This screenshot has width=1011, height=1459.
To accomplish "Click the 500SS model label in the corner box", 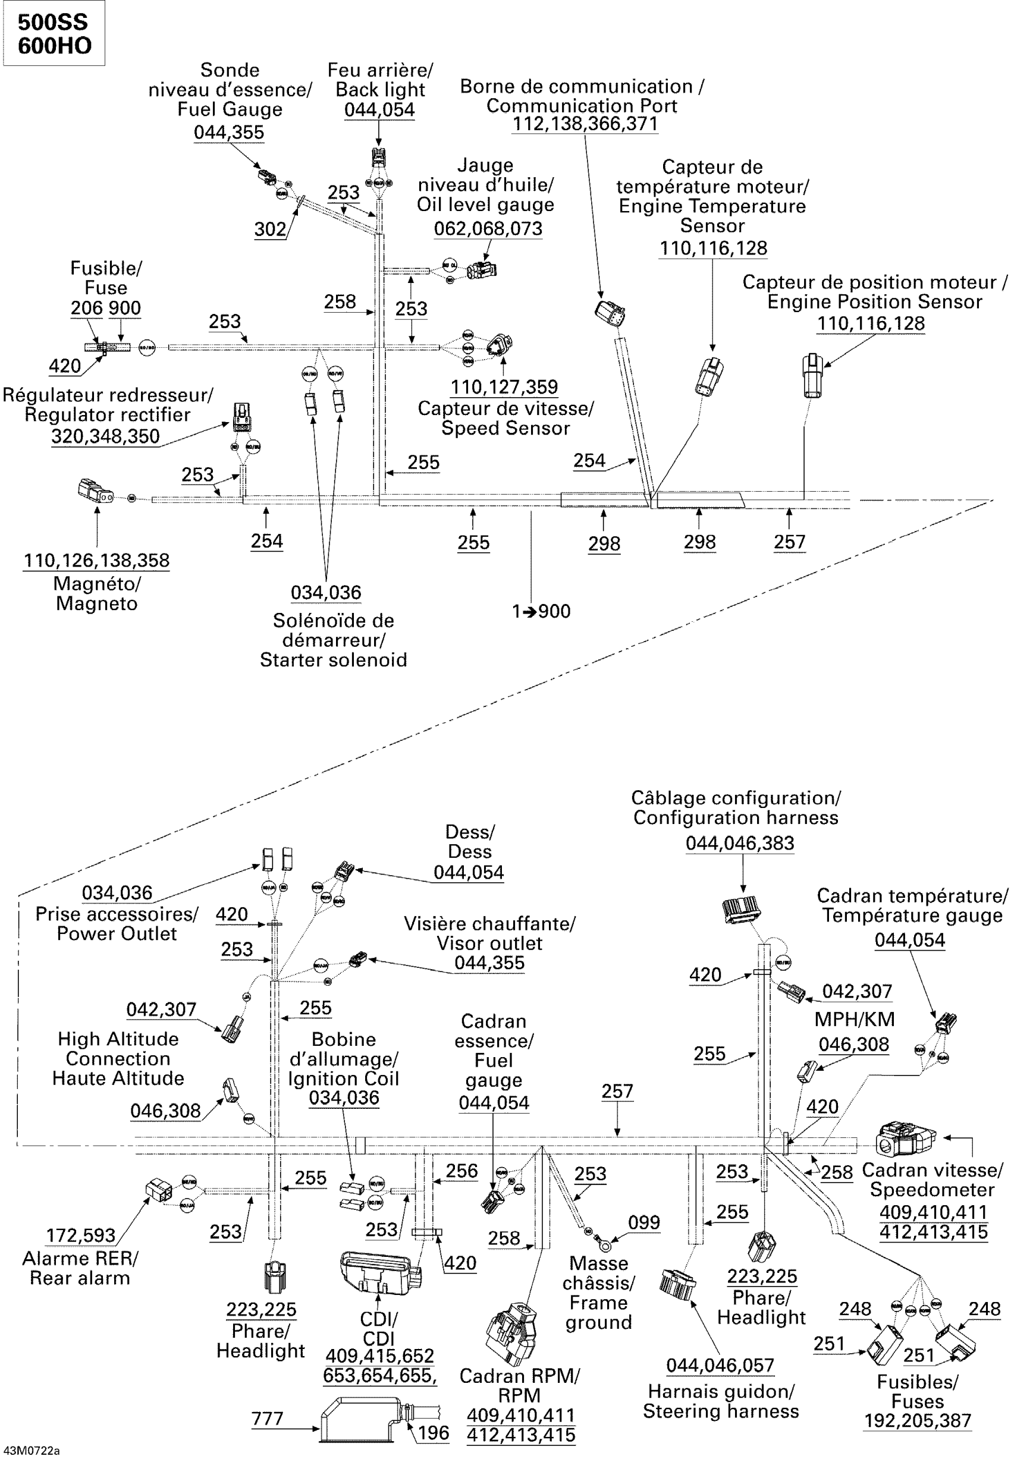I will pos(52,22).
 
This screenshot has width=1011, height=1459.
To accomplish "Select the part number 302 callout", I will pos(270,229).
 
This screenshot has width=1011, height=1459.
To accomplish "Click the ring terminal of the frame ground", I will pos(605,1246).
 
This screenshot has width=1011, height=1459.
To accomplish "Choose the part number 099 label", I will pos(643,1222).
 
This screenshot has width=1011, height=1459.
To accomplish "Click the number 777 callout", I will pos(266,1418).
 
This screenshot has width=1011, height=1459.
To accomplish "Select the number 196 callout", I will pos(434,1432).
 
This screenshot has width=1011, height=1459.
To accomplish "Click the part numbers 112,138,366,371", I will pos(585,124).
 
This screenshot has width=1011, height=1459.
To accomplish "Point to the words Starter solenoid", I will pos(333,660).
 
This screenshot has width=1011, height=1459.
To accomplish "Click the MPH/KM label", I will pos(854,1019).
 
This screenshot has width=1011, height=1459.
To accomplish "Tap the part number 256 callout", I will pos(461,1170).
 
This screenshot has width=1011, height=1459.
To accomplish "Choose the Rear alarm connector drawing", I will pos(158,1189).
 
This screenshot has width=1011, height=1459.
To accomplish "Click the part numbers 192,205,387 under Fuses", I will pos(917,1420).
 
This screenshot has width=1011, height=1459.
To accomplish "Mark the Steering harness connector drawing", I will pos(677,1284).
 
